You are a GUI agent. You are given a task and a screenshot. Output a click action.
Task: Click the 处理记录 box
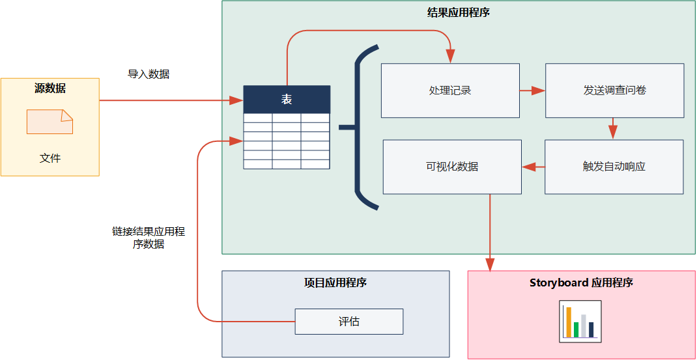click(x=450, y=90)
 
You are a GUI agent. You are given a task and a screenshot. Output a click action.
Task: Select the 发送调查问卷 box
click(x=614, y=90)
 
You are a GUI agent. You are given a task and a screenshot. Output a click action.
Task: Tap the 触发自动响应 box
click(x=614, y=167)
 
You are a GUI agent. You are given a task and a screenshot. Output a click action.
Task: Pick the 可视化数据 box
click(x=452, y=167)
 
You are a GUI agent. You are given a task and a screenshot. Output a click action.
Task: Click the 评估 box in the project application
click(x=348, y=322)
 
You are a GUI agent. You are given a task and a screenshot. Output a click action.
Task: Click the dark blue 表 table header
click(x=287, y=99)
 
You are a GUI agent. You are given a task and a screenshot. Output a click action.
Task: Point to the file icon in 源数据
click(x=50, y=122)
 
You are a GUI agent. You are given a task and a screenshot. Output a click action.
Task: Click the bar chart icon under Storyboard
click(x=580, y=322)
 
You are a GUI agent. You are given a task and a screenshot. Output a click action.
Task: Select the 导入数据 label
click(x=149, y=74)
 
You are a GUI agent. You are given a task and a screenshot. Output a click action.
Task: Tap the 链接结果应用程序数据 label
click(x=149, y=238)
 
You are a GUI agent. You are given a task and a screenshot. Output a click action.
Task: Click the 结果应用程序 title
click(x=458, y=12)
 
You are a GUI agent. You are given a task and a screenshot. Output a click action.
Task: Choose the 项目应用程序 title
click(x=335, y=283)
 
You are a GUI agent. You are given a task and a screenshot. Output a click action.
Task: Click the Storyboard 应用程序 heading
click(x=581, y=283)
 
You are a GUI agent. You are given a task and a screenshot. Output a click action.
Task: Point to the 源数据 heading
click(x=50, y=89)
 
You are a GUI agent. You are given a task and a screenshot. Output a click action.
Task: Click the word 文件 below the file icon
click(x=50, y=158)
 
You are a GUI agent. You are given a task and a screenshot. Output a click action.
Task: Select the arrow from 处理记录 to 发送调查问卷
click(x=532, y=90)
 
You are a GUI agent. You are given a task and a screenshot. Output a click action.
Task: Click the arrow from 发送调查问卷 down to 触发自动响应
click(x=613, y=128)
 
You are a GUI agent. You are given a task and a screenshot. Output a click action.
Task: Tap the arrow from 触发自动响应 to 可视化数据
click(x=533, y=167)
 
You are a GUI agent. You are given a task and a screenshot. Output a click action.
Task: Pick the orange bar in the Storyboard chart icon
click(x=569, y=322)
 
